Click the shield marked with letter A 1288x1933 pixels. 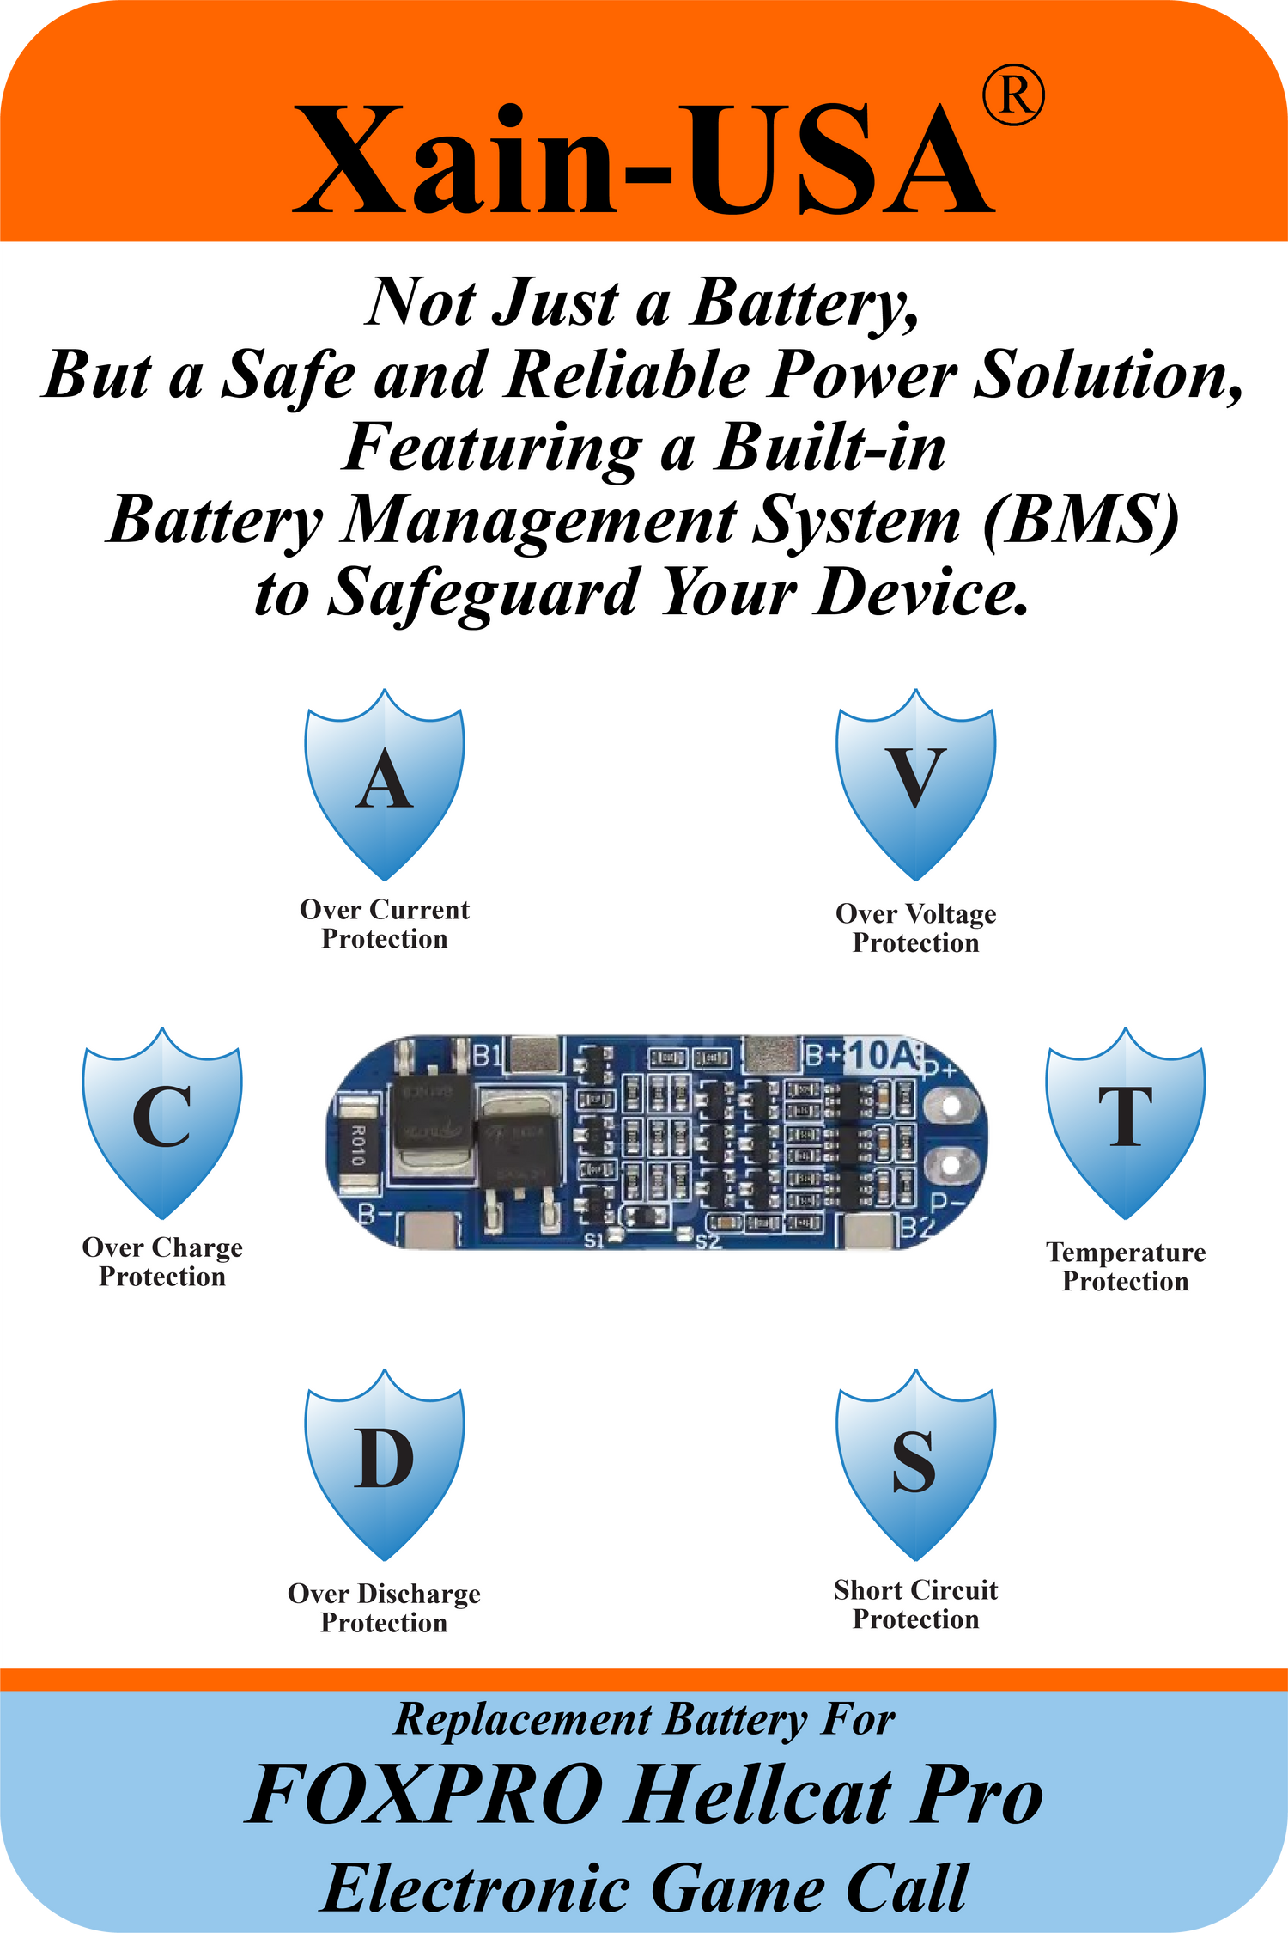click(385, 782)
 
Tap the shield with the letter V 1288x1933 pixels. click(916, 782)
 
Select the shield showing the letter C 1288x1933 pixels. click(162, 1120)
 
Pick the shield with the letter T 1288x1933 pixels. click(1125, 1120)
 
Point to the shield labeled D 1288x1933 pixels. click(385, 1462)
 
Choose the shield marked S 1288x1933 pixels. click(916, 1462)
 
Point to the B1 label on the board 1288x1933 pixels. click(487, 1054)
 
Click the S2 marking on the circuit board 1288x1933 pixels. click(708, 1241)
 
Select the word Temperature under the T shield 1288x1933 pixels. click(1126, 1253)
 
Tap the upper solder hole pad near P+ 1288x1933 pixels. click(950, 1107)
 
